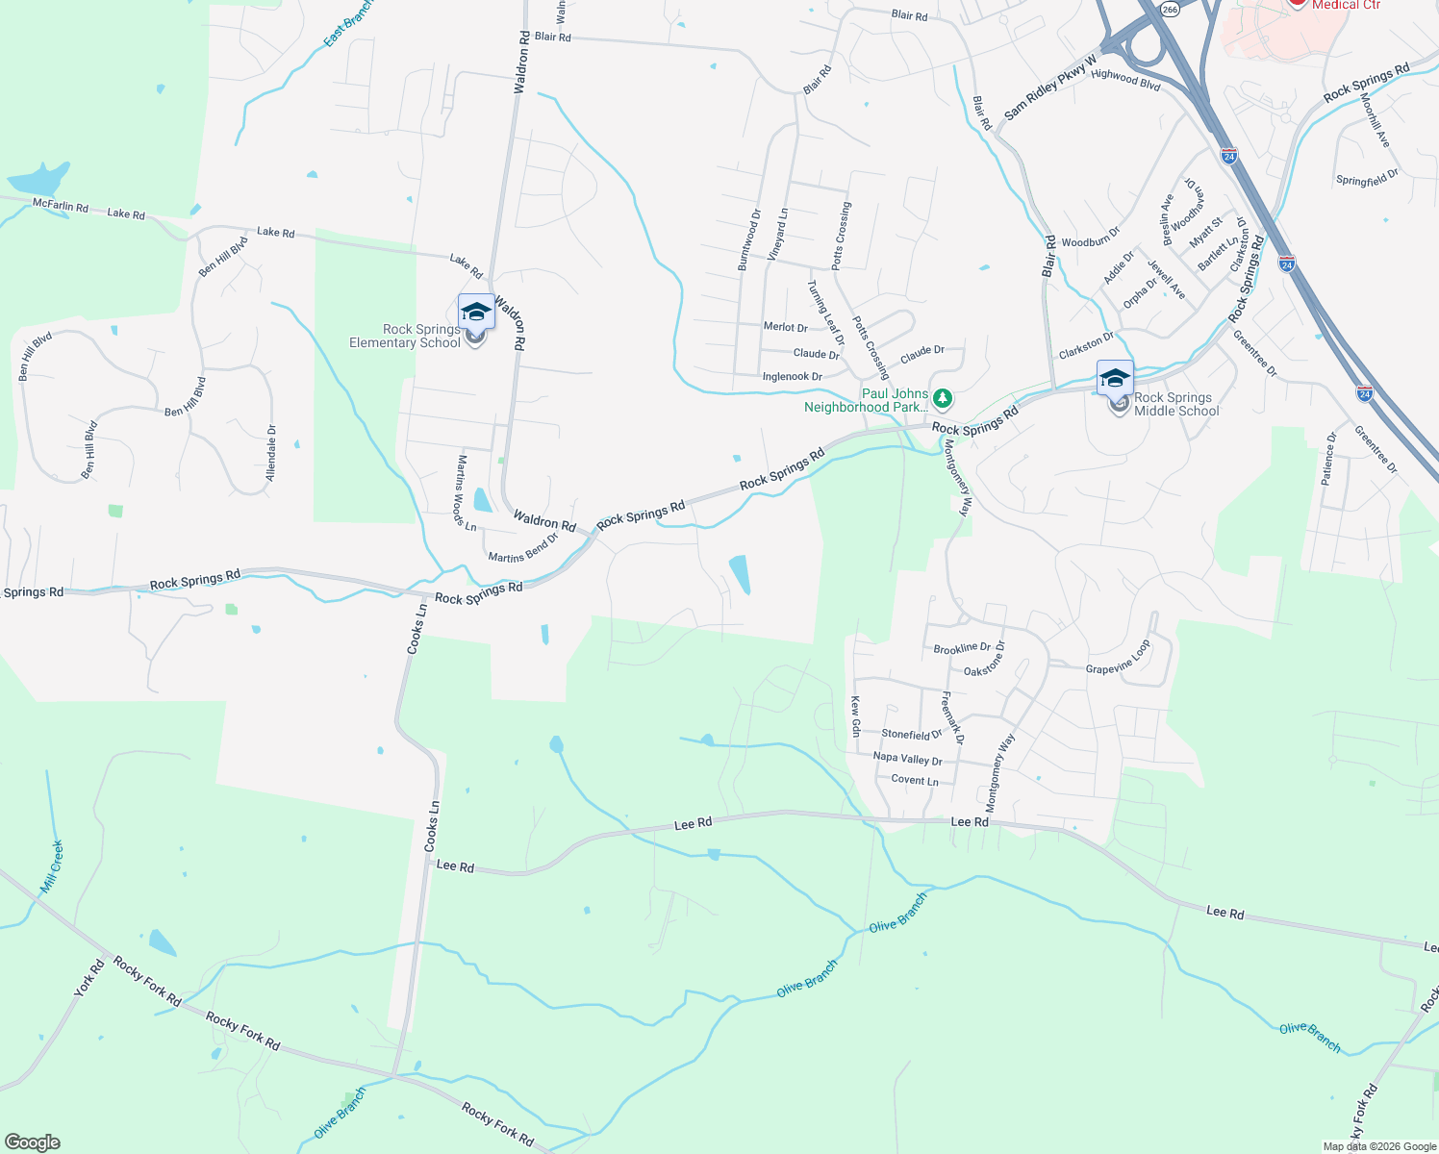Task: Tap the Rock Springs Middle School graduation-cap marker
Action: (x=1115, y=378)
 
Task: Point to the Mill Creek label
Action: (x=52, y=866)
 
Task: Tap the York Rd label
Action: (x=89, y=979)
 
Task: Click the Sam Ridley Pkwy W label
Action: (x=1050, y=88)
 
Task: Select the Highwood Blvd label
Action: (x=1125, y=79)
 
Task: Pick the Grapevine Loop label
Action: (x=1118, y=659)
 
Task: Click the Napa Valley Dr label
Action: (x=907, y=758)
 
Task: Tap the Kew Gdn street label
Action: (x=855, y=717)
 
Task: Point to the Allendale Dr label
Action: (x=271, y=453)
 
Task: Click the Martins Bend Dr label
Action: (x=522, y=549)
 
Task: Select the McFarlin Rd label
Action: (x=60, y=206)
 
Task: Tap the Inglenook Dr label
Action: (x=792, y=377)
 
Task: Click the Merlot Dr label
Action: (x=785, y=327)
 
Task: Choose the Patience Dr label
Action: (x=1328, y=459)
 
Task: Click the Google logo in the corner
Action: (x=33, y=1141)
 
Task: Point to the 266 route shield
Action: (x=1169, y=9)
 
